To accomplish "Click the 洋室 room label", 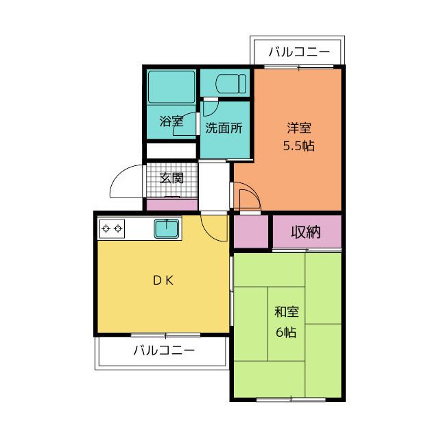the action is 299,128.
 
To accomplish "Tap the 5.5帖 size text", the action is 299,146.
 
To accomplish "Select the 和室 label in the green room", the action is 287,312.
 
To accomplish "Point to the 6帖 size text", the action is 286,332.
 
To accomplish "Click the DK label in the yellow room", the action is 163,281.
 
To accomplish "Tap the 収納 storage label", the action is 306,232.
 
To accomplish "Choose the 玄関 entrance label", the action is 171,178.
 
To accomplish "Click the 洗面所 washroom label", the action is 224,128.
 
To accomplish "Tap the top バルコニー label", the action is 299,52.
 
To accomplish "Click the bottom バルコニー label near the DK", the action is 164,351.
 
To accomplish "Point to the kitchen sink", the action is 166,228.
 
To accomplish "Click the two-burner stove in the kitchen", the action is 112,229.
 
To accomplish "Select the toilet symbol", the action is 230,84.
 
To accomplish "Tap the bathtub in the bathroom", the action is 171,87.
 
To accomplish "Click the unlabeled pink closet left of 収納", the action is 251,232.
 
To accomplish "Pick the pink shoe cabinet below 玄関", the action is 172,205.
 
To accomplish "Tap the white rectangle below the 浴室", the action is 171,151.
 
